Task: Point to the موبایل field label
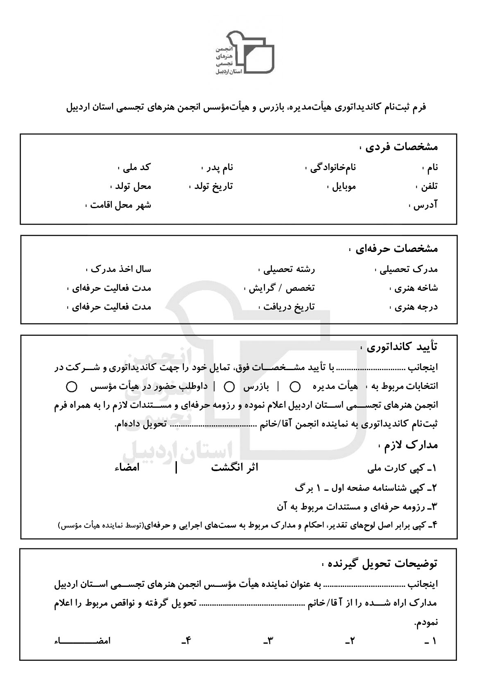[x=341, y=186]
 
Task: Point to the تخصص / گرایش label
[x=282, y=288]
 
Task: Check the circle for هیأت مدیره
[x=295, y=386]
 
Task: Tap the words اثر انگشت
[x=235, y=468]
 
